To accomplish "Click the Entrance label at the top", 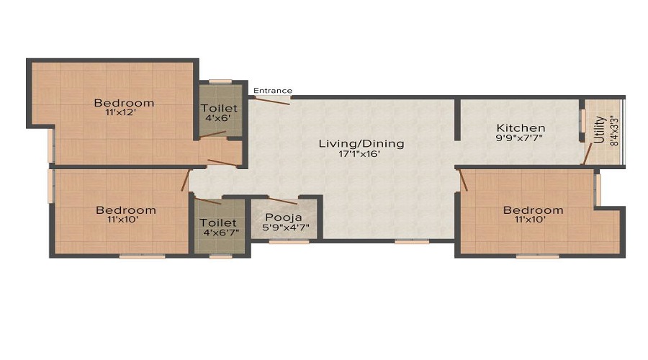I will click(273, 91).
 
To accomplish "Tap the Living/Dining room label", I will click(361, 143).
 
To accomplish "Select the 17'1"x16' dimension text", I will click(361, 153).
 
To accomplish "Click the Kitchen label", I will click(520, 127).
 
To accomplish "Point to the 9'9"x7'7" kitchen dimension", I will click(520, 138).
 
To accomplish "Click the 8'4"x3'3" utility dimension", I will click(613, 130).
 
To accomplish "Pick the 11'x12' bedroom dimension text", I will click(124, 113).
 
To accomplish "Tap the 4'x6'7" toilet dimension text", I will click(219, 233).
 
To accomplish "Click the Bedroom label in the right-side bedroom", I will click(533, 210).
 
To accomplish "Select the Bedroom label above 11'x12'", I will click(124, 102).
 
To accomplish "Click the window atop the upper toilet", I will click(221, 81).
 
